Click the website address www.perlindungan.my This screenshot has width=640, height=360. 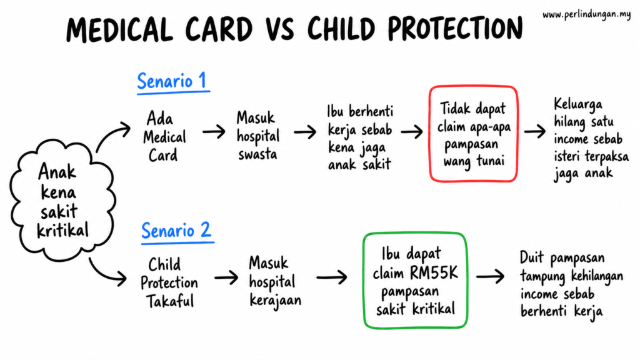586,15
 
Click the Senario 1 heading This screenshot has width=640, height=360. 173,82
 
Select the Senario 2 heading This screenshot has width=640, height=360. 177,231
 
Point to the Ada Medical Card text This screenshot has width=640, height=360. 164,137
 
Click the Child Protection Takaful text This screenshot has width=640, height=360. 169,283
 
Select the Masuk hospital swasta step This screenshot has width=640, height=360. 258,136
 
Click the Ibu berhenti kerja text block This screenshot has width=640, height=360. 360,137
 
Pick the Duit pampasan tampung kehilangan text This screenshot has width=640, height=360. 571,284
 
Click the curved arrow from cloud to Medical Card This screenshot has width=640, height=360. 109,135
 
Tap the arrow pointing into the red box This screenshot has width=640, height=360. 412,132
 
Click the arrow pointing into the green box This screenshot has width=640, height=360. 332,277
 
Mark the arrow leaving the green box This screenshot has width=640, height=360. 491,276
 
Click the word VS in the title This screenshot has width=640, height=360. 280,29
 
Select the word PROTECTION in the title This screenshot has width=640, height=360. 455,29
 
